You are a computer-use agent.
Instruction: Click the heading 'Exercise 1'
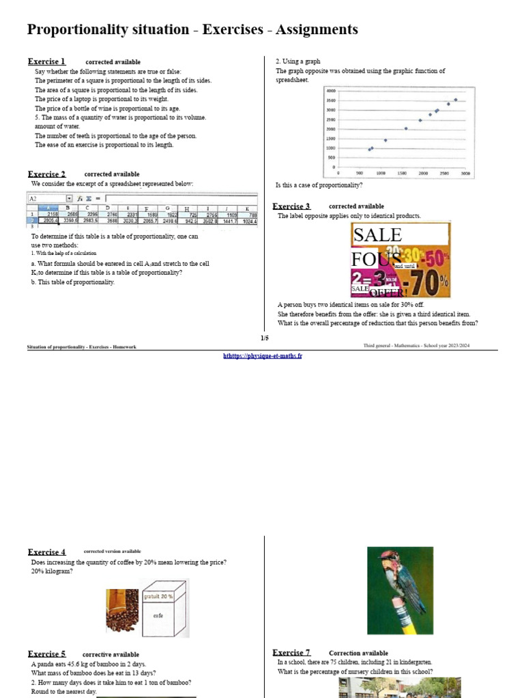point(46,61)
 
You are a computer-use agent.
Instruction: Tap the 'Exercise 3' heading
point(291,206)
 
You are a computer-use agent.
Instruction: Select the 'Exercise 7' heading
point(291,652)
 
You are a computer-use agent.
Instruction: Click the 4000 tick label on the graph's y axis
point(331,91)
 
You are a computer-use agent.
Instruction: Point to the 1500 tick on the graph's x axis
point(403,174)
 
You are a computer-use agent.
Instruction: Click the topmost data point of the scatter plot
point(456,100)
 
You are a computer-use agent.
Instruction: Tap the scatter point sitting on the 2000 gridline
point(406,128)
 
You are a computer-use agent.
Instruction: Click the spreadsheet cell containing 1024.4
point(248,221)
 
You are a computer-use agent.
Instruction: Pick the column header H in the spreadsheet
point(187,209)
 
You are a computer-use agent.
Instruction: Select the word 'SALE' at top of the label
point(377,235)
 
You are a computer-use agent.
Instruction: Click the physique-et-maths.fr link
point(263,356)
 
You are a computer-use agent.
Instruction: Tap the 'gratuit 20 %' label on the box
point(158,596)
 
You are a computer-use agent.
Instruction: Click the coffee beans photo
point(121,610)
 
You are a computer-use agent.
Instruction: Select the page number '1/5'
point(264,338)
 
